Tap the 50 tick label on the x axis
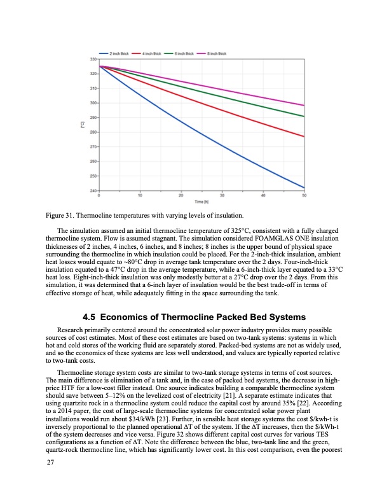304,195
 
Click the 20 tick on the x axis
181,195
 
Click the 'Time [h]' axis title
201,201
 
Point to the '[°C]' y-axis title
82,125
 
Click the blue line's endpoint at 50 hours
304,188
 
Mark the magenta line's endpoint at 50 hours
304,105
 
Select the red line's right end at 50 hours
304,137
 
